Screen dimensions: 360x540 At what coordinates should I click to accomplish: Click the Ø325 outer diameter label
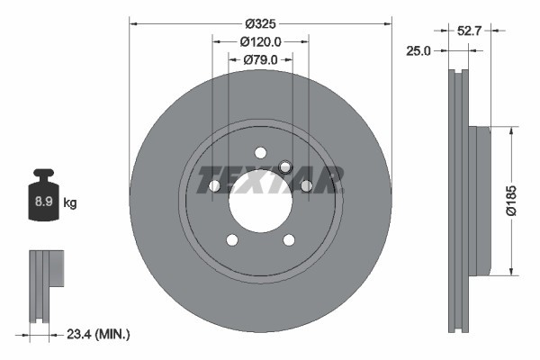[260, 23]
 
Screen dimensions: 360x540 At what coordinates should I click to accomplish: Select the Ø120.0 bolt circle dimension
[261, 41]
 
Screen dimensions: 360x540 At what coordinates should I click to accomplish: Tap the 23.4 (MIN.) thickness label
[98, 334]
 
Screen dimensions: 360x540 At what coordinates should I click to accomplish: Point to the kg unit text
[70, 203]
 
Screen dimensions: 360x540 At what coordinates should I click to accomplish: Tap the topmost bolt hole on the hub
[260, 152]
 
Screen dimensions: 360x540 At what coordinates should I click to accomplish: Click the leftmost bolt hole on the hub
[214, 185]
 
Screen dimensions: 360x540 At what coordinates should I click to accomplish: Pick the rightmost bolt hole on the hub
[306, 185]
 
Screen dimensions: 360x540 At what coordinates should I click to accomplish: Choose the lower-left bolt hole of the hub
[231, 239]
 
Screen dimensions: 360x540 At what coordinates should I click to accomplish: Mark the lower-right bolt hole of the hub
[289, 239]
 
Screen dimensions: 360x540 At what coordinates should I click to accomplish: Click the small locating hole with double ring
[285, 166]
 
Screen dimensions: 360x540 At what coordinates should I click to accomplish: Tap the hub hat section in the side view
[480, 201]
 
